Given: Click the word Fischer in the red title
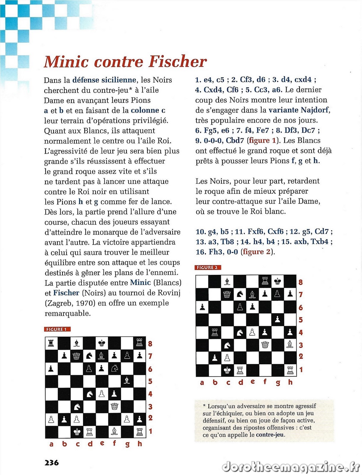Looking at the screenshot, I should point(178,61).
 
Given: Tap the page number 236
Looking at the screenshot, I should point(51,463).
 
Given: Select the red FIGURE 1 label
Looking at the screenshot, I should point(57,329).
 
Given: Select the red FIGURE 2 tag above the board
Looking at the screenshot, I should point(208,267).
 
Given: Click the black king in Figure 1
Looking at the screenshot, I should point(102,343).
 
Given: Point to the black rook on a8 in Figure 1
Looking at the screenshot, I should point(51,343).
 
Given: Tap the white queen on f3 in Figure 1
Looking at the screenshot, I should point(114,406).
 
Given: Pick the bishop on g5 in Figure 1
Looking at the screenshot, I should point(127,381).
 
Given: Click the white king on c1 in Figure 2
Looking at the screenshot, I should point(227,370).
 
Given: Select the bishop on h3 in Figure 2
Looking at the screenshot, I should point(290,345).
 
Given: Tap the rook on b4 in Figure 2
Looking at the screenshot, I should point(214,332).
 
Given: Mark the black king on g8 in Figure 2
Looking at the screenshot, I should point(278,281).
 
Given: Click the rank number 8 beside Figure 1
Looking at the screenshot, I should point(150,344).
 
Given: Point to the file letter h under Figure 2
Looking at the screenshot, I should point(290,382).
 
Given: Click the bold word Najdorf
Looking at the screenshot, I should point(314,110).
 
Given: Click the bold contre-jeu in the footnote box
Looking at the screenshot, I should point(270,435).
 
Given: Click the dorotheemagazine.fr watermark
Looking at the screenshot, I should point(291,467).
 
